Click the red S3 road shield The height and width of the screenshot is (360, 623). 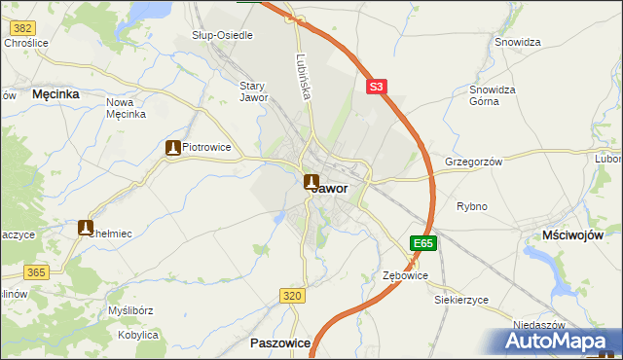click(x=378, y=88)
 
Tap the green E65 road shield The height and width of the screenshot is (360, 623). click(x=422, y=243)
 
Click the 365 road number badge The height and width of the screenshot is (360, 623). click(x=37, y=273)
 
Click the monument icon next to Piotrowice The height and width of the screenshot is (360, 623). click(x=173, y=148)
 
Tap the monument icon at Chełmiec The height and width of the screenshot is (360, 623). click(x=86, y=228)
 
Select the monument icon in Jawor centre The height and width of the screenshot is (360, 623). click(x=311, y=182)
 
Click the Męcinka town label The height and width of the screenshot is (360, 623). click(x=55, y=94)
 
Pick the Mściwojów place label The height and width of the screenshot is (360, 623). click(x=573, y=235)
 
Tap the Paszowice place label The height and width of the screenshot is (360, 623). click(x=279, y=343)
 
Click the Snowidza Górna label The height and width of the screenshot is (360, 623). click(x=492, y=94)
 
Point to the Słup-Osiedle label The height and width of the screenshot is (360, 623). click(x=223, y=35)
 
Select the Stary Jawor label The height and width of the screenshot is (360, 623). click(x=253, y=91)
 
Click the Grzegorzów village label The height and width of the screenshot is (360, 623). click(x=473, y=162)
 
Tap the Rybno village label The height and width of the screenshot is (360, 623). click(x=472, y=206)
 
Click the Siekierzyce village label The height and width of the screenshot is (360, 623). click(x=461, y=300)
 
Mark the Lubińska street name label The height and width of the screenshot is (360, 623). click(x=302, y=78)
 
